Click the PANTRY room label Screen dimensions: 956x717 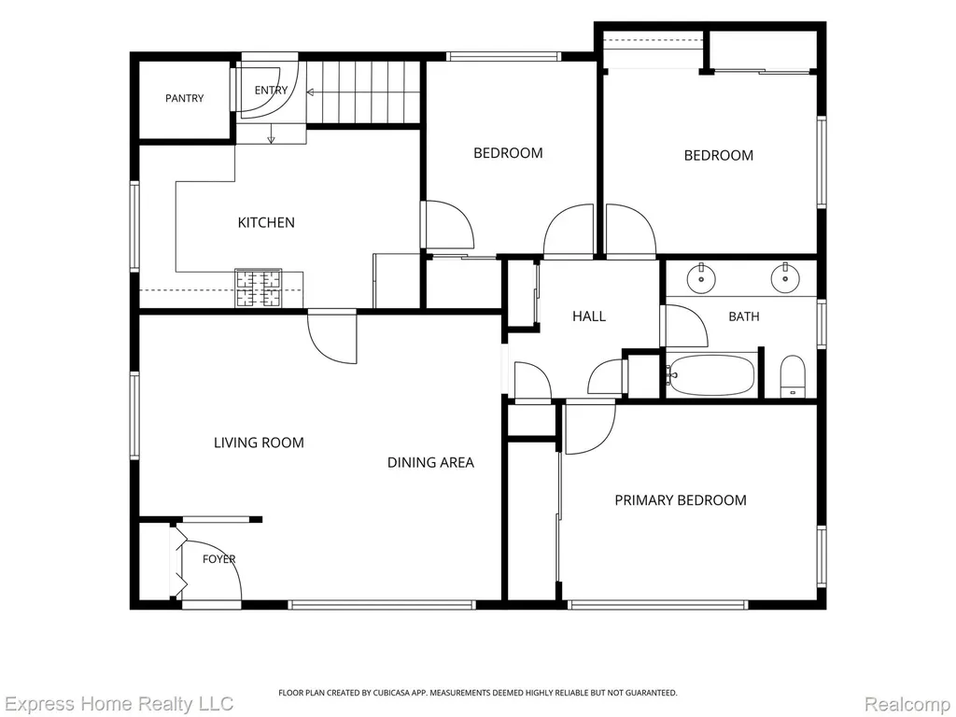coord(184,98)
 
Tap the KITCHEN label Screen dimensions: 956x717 coord(266,222)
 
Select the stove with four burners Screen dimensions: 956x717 coord(259,288)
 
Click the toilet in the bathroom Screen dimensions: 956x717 coord(793,376)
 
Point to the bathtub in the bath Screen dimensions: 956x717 coord(711,375)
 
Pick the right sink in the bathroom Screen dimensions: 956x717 coord(785,278)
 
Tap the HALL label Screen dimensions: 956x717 coord(589,316)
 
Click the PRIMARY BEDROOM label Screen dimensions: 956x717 coord(681,500)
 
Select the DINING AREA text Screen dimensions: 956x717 coord(430,463)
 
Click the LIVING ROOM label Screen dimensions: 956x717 coord(259,443)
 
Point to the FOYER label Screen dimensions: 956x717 coord(218,559)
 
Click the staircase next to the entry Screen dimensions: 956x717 coord(363,92)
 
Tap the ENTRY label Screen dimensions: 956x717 coord(271,91)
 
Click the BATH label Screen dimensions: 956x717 coord(744,316)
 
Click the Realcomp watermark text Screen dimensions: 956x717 coord(907,704)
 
